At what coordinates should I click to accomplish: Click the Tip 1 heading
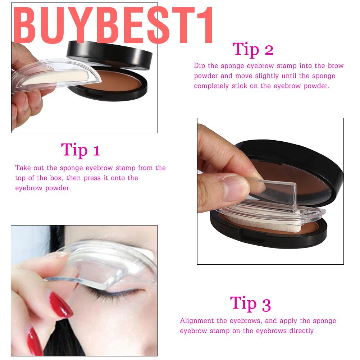pyautogui.click(x=80, y=150)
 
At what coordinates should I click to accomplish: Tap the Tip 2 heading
pyautogui.click(x=253, y=49)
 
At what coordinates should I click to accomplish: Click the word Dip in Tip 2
pyautogui.click(x=200, y=66)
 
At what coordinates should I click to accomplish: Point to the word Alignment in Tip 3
pyautogui.click(x=196, y=321)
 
